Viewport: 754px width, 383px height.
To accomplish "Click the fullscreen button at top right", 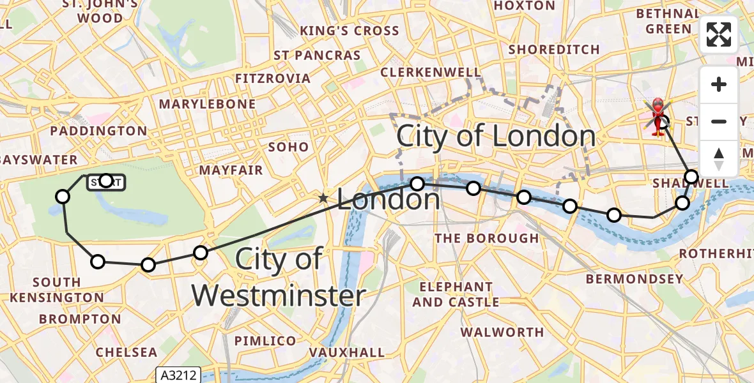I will (x=719, y=34).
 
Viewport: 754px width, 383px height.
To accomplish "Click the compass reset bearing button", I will (x=719, y=159).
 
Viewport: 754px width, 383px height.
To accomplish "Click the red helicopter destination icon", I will (x=658, y=116).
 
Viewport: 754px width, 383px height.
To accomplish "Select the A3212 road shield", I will (x=178, y=375).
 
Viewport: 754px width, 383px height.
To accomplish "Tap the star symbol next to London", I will (x=324, y=199).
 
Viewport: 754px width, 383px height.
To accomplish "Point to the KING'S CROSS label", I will (x=350, y=31).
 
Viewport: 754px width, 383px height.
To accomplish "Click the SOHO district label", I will (x=289, y=147).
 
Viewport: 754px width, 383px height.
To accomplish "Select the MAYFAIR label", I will (x=231, y=170).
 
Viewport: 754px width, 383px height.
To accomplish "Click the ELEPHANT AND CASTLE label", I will (x=456, y=294).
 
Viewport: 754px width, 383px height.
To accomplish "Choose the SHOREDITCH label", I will (x=554, y=49).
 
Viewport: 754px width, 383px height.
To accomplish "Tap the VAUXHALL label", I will (x=347, y=352).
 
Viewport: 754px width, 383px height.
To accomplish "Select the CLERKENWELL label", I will (x=431, y=73).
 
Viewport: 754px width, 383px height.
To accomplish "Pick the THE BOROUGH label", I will (x=487, y=238).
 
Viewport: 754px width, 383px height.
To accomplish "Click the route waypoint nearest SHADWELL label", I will (x=691, y=177).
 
